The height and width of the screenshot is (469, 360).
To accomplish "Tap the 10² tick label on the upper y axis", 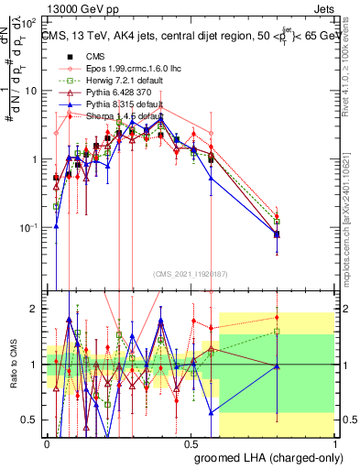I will click(x=28, y=22).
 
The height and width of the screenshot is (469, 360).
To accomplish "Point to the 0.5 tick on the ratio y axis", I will click(x=31, y=420).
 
